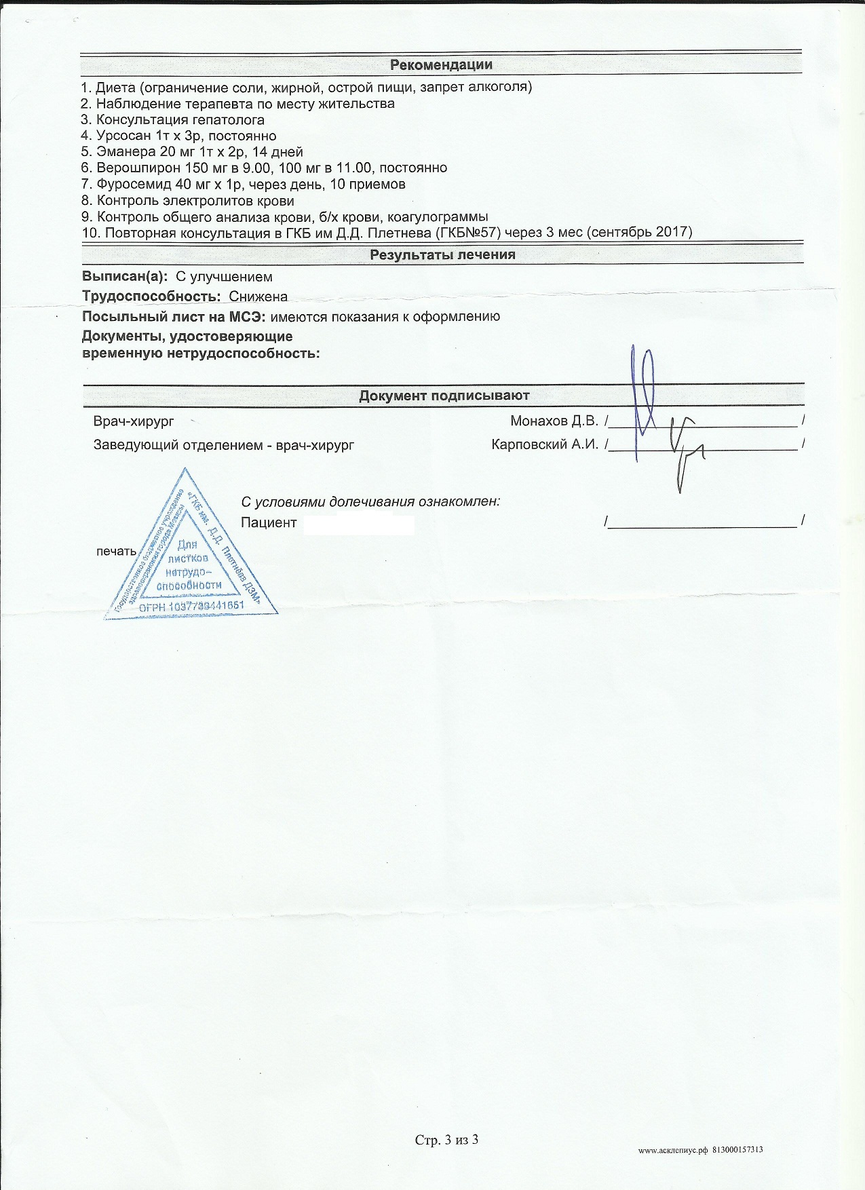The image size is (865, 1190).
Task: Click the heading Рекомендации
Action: pos(441,65)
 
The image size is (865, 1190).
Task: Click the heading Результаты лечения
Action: pos(442,255)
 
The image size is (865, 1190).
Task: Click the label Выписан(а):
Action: pos(125,277)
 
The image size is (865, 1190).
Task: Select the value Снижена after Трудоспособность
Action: pos(258,296)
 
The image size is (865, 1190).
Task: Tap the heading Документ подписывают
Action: pos(444,396)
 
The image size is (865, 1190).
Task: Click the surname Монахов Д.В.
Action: pos(554,421)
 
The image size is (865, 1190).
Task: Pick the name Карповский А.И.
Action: pos(545,445)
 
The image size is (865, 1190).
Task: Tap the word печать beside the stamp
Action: pos(116,551)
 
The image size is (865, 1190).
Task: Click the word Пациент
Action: pos(269,522)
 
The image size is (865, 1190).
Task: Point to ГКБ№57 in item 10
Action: pos(467,233)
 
